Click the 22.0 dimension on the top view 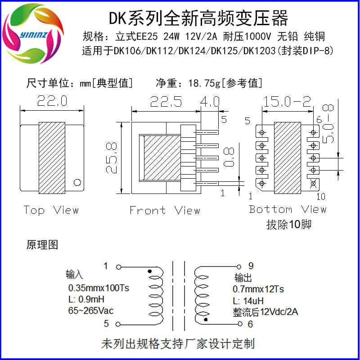tap(52, 101)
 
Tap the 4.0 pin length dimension tap(210, 102)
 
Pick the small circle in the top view tap(77, 183)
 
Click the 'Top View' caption tap(51, 210)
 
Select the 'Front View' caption tap(164, 210)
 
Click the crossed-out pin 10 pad tap(314, 183)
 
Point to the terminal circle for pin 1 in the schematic tap(118, 267)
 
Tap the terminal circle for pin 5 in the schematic tap(118, 324)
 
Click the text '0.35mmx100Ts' tap(98, 288)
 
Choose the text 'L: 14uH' tap(248, 301)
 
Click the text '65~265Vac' tap(90, 311)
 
